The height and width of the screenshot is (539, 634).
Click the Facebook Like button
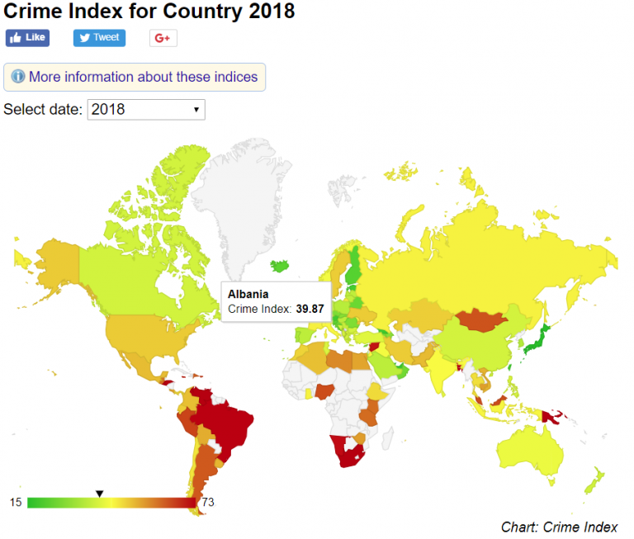click(27, 38)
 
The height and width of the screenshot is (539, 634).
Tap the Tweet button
click(98, 38)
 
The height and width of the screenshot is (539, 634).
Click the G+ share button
click(163, 38)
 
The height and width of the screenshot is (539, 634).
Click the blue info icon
click(18, 77)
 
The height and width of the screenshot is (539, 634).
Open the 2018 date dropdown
click(145, 109)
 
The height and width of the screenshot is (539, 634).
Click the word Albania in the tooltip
click(248, 294)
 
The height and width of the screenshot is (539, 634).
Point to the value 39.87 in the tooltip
click(310, 309)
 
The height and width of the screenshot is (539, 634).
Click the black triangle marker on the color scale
click(99, 494)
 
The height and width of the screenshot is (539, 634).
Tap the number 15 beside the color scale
click(16, 502)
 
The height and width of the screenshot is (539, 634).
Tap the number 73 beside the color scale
click(208, 502)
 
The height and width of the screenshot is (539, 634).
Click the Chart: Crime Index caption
click(559, 527)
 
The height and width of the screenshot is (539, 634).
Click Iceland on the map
click(282, 266)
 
